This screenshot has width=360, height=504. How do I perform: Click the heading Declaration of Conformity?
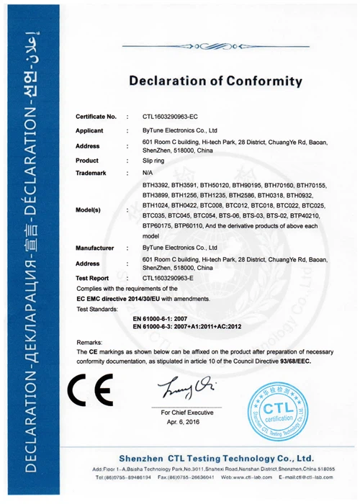pyautogui.click(x=215, y=81)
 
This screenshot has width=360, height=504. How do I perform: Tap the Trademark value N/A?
pyautogui.click(x=148, y=174)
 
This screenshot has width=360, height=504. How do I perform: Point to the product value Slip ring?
pyautogui.click(x=155, y=160)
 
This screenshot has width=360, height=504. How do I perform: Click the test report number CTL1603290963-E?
pyautogui.click(x=176, y=276)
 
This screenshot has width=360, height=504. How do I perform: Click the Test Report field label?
pyautogui.click(x=92, y=276)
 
